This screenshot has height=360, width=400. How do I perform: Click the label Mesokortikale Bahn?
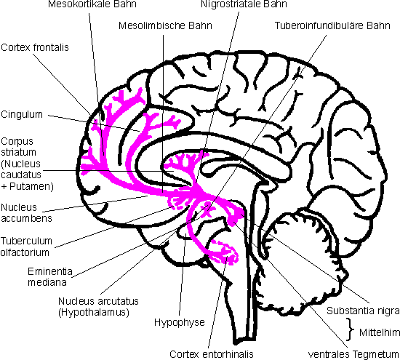(92, 4)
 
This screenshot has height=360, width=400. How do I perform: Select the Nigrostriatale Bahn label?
(244, 4)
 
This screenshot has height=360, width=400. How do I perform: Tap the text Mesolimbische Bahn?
(165, 25)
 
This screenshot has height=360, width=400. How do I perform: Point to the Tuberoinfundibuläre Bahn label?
(332, 25)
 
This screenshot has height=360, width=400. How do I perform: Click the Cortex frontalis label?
(35, 47)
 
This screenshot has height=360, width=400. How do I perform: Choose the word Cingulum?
(22, 115)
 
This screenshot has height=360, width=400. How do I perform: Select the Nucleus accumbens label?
(26, 213)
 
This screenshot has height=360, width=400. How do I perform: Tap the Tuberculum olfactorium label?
(26, 247)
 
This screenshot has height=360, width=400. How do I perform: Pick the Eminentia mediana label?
(50, 276)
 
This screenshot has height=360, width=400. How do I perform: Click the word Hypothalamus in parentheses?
(94, 312)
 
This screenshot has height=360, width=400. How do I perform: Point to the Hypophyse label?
(180, 322)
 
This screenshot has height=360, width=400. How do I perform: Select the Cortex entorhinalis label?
(212, 354)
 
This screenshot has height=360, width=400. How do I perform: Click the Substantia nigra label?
(363, 311)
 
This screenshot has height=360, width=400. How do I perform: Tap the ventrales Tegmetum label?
(353, 354)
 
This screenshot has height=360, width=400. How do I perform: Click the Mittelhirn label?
(380, 332)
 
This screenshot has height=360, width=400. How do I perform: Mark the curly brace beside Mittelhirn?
(351, 329)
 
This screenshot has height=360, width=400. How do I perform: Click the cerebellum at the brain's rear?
(306, 260)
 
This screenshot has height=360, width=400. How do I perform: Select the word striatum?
(19, 152)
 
